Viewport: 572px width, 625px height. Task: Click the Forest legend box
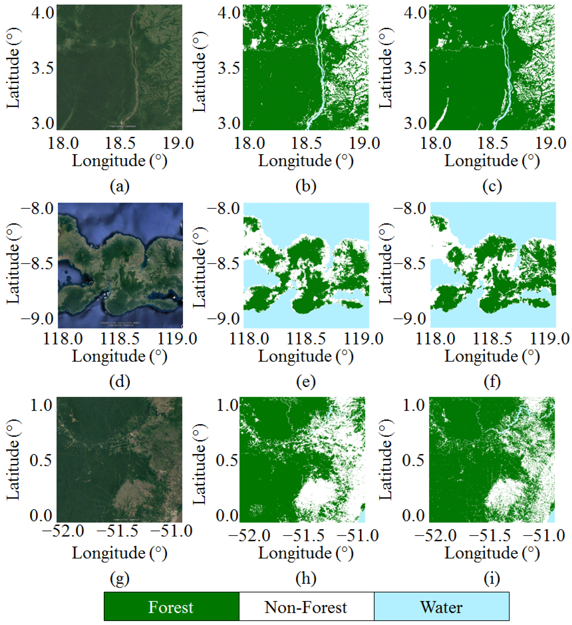click(x=172, y=607)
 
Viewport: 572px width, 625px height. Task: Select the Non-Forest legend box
click(x=306, y=607)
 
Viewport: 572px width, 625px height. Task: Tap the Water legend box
click(x=441, y=607)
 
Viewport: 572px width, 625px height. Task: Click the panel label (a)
click(x=120, y=186)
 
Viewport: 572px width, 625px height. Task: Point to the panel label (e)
click(x=306, y=381)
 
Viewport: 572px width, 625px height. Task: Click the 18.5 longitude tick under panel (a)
click(x=120, y=143)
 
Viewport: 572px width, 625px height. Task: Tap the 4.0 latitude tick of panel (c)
click(x=415, y=13)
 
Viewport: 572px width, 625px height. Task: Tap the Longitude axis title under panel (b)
click(x=306, y=161)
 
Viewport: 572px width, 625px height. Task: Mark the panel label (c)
click(x=492, y=186)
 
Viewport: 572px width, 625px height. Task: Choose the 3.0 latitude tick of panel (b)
click(x=229, y=123)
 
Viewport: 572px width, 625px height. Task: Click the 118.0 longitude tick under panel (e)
click(x=249, y=338)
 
